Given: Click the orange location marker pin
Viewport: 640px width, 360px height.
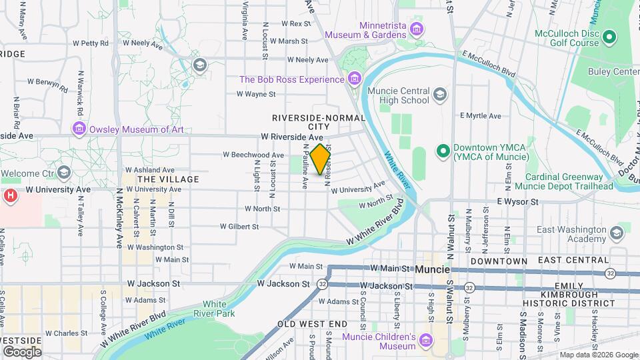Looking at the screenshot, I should (x=321, y=159).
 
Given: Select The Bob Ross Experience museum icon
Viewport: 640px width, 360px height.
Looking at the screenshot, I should (x=355, y=80).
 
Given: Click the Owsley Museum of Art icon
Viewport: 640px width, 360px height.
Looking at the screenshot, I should (x=79, y=129).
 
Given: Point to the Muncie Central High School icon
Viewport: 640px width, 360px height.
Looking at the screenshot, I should (x=439, y=95).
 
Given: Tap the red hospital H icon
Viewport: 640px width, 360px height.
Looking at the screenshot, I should (x=10, y=197).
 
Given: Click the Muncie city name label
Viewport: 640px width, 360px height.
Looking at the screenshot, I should (x=432, y=270).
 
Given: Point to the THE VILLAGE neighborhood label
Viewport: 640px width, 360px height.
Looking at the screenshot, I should (x=168, y=179).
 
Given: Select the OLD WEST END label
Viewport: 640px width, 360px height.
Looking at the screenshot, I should (x=313, y=324).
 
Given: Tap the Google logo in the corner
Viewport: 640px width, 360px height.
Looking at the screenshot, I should (x=22, y=351).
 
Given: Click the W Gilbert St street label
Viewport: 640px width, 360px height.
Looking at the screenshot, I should (x=239, y=227).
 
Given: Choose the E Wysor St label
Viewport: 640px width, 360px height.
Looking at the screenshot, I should (x=517, y=201).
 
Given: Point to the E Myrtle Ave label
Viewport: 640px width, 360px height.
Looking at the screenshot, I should (x=480, y=116).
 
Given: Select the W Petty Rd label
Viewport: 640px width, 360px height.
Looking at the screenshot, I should (x=90, y=43).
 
